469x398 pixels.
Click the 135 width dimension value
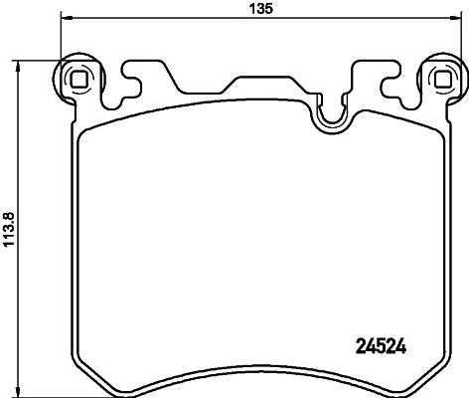pyautogui.click(x=261, y=9)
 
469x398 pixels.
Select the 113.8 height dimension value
pyautogui.click(x=9, y=229)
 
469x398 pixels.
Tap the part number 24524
pyautogui.click(x=381, y=347)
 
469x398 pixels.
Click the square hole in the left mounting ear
pyautogui.click(x=79, y=80)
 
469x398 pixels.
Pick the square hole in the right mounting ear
pyautogui.click(x=442, y=80)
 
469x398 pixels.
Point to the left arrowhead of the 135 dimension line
pyautogui.click(x=66, y=19)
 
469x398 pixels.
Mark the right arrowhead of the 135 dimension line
pyautogui.click(x=457, y=19)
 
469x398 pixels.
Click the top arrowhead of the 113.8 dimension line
pyautogui.click(x=19, y=66)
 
